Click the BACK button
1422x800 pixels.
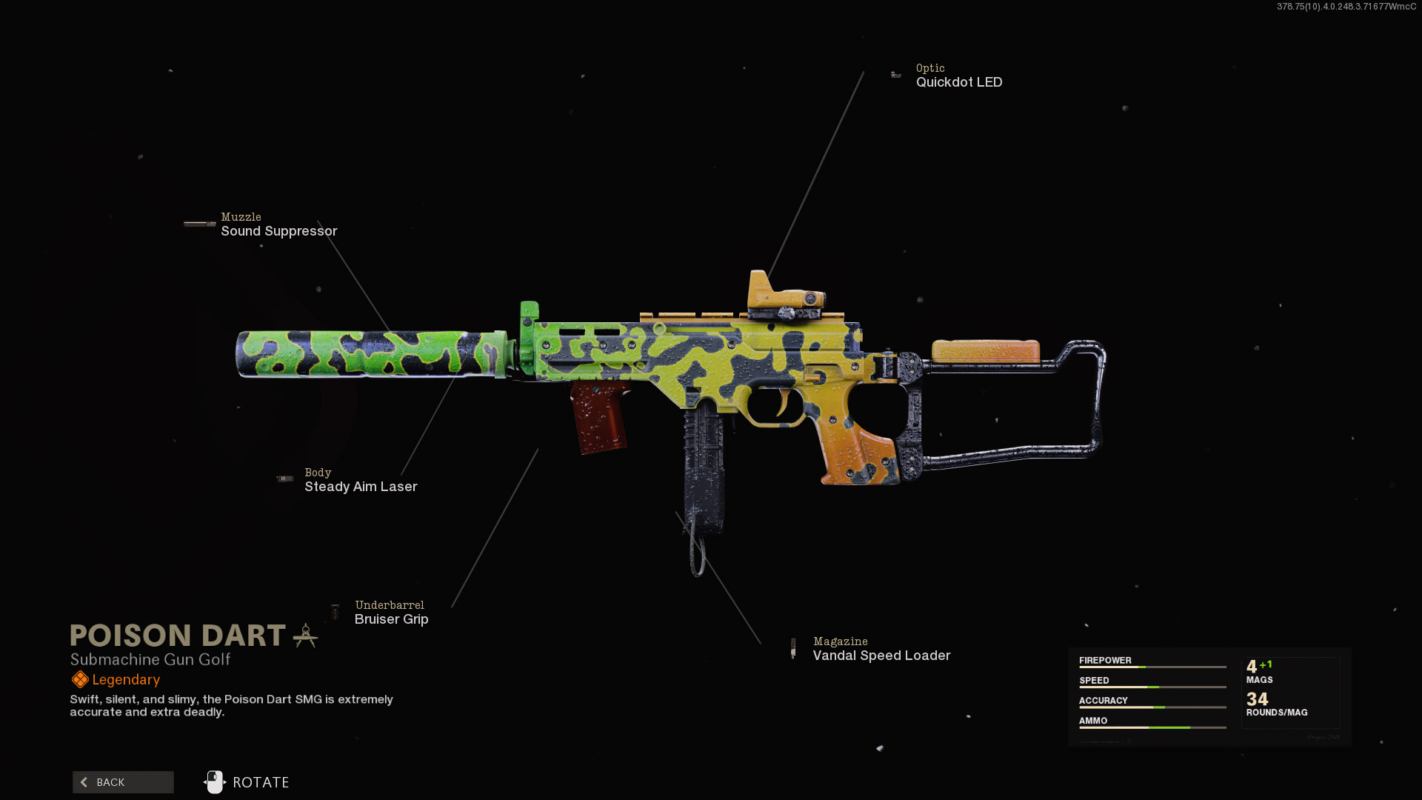(123, 782)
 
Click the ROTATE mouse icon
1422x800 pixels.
(215, 782)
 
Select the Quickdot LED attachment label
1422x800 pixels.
(958, 82)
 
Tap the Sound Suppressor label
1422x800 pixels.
(278, 231)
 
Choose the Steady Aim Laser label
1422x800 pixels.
(361, 487)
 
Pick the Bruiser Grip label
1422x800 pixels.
(391, 619)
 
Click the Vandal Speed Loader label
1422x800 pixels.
(881, 656)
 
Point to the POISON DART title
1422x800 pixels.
(178, 636)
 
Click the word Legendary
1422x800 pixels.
(126, 680)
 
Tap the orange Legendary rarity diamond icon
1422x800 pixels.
(80, 679)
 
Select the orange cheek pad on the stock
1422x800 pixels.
(985, 351)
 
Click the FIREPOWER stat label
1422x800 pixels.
(1105, 661)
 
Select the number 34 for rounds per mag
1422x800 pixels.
(1257, 699)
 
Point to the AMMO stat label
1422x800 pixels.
(1093, 721)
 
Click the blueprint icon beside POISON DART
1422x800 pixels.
(305, 636)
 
